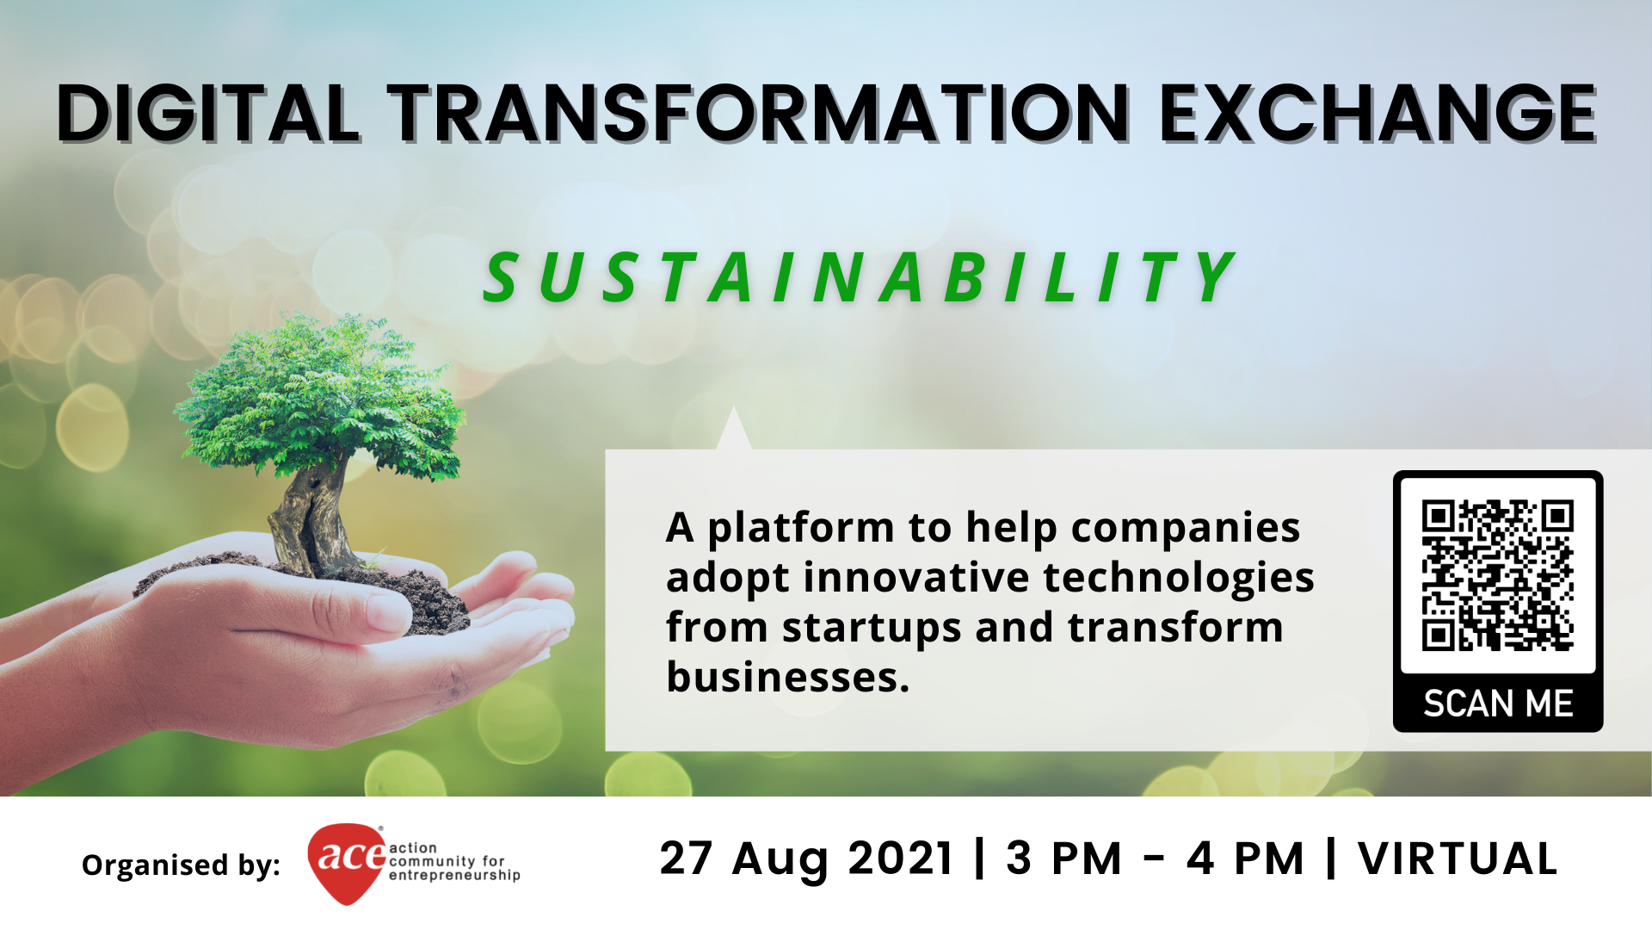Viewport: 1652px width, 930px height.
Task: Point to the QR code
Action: [1498, 575]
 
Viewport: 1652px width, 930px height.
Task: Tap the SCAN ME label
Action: [1498, 704]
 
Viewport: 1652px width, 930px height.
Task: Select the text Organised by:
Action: [181, 865]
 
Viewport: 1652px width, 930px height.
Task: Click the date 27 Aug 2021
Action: [807, 859]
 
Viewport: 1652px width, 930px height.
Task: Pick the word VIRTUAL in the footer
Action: [1458, 859]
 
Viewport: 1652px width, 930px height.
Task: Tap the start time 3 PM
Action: [1064, 859]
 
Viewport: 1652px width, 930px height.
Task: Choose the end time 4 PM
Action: [1245, 859]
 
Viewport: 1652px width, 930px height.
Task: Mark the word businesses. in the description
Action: [788, 677]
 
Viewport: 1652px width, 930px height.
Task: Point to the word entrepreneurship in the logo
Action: [454, 876]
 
